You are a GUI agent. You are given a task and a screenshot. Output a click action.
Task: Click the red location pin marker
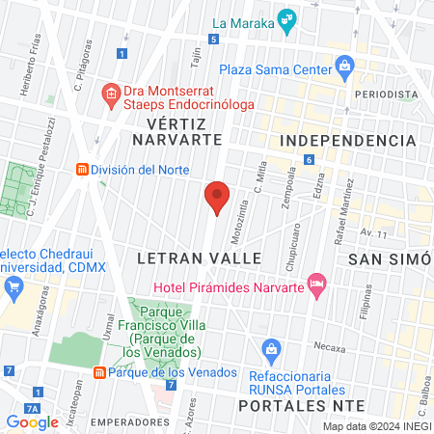click(x=218, y=197)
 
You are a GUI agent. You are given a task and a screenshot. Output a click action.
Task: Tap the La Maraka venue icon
click(x=286, y=18)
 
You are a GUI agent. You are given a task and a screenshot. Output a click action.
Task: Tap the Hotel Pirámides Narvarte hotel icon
click(x=315, y=283)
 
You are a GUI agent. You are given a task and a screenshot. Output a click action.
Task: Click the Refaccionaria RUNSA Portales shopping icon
click(x=272, y=347)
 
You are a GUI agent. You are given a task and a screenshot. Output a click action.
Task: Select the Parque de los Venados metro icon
click(x=99, y=372)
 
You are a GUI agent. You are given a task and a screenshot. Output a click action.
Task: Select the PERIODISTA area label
click(x=386, y=94)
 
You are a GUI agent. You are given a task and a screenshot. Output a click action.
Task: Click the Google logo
click(x=33, y=421)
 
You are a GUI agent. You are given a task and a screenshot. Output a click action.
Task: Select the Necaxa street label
click(x=329, y=344)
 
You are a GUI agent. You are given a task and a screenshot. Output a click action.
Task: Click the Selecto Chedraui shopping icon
click(x=14, y=286)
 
